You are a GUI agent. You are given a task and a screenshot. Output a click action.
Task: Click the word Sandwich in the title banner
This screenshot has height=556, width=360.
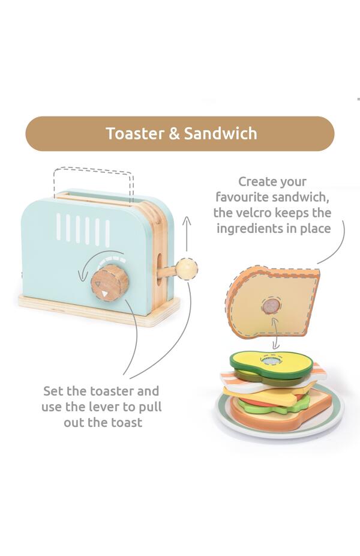(x=220, y=133)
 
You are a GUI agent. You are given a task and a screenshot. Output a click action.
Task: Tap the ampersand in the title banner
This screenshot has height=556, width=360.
(x=174, y=133)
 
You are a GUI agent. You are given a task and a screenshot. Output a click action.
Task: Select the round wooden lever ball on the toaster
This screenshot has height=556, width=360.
(x=188, y=267)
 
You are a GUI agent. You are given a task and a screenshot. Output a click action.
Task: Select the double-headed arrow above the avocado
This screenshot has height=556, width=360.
(x=275, y=333)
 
